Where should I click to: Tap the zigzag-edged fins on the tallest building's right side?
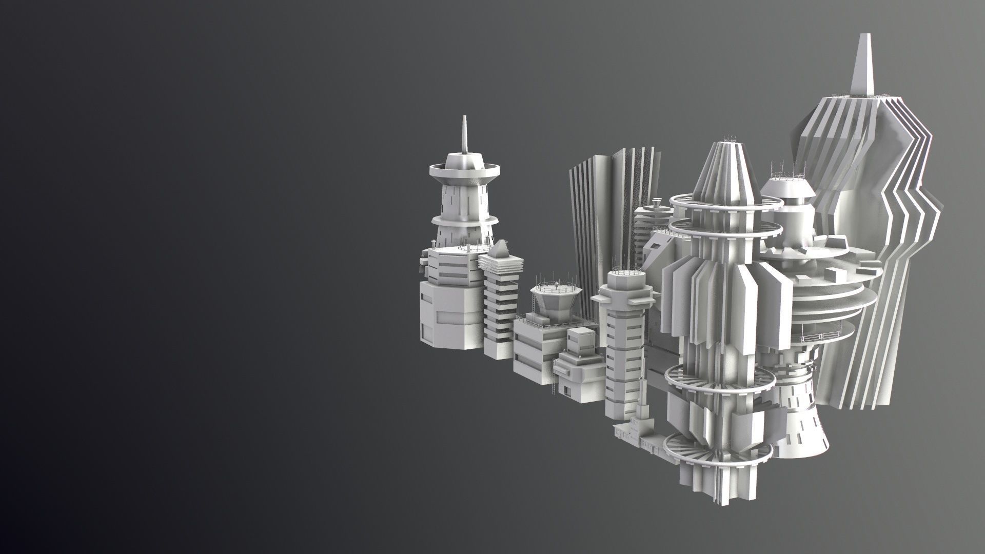coord(918,215)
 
